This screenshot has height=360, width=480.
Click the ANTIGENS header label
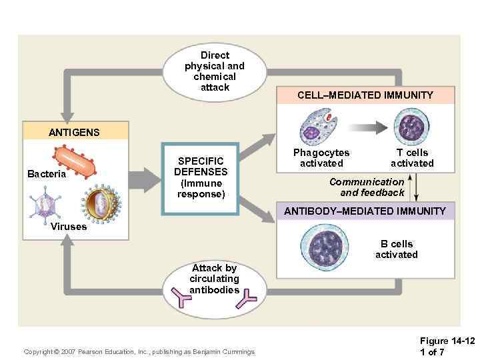coord(74,132)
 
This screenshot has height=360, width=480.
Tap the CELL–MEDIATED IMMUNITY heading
coord(365,95)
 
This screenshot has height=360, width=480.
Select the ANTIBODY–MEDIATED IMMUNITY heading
coord(365,211)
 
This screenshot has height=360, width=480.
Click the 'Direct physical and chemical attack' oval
coord(214,71)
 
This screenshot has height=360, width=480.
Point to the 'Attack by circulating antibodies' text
coord(214,278)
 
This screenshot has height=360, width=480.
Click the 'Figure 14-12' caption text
coord(447,341)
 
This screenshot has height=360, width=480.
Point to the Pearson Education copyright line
coord(139,351)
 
